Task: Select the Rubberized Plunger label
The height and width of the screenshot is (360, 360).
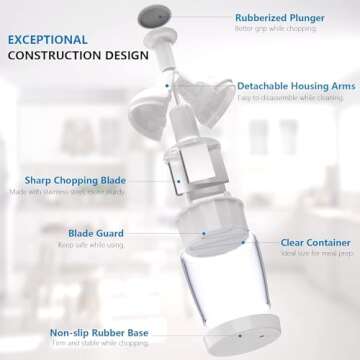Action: coord(281,18)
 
